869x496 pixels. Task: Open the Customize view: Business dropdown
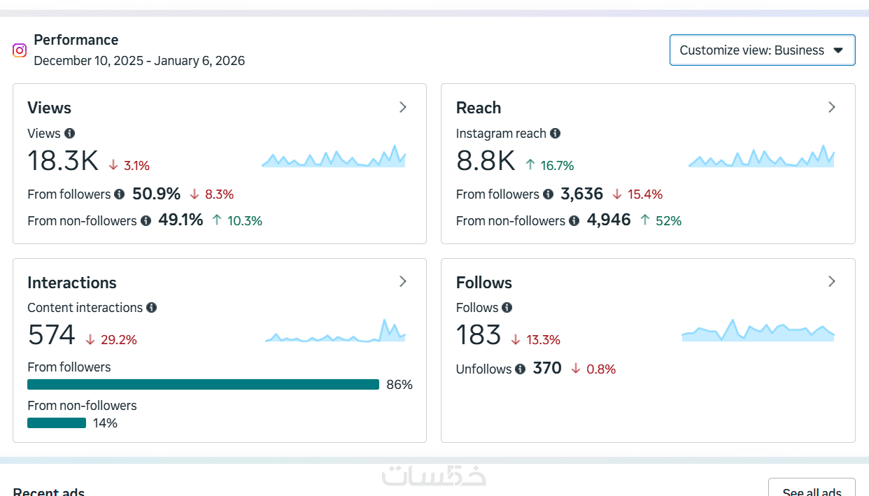coord(762,50)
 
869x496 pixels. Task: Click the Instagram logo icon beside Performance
coord(20,50)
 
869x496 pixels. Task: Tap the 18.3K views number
coord(63,161)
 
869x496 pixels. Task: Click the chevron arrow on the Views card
coord(403,107)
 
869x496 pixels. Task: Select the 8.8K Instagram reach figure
coord(485,161)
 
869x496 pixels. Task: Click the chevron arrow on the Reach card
coord(832,107)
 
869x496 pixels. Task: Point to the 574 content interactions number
coord(51,335)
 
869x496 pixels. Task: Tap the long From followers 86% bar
coord(203,385)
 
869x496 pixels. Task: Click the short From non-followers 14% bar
coord(57,423)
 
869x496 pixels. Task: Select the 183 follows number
coord(479,335)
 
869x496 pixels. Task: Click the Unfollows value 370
coord(547,368)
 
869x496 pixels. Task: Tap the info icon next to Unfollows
coord(520,369)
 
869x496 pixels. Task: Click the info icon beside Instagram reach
coord(555,133)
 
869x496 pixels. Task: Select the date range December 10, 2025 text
coord(139,61)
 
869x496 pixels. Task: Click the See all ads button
coord(812,490)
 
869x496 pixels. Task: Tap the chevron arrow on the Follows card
coord(832,281)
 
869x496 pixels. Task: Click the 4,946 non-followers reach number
coord(609,220)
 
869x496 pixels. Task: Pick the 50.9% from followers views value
coord(156,194)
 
